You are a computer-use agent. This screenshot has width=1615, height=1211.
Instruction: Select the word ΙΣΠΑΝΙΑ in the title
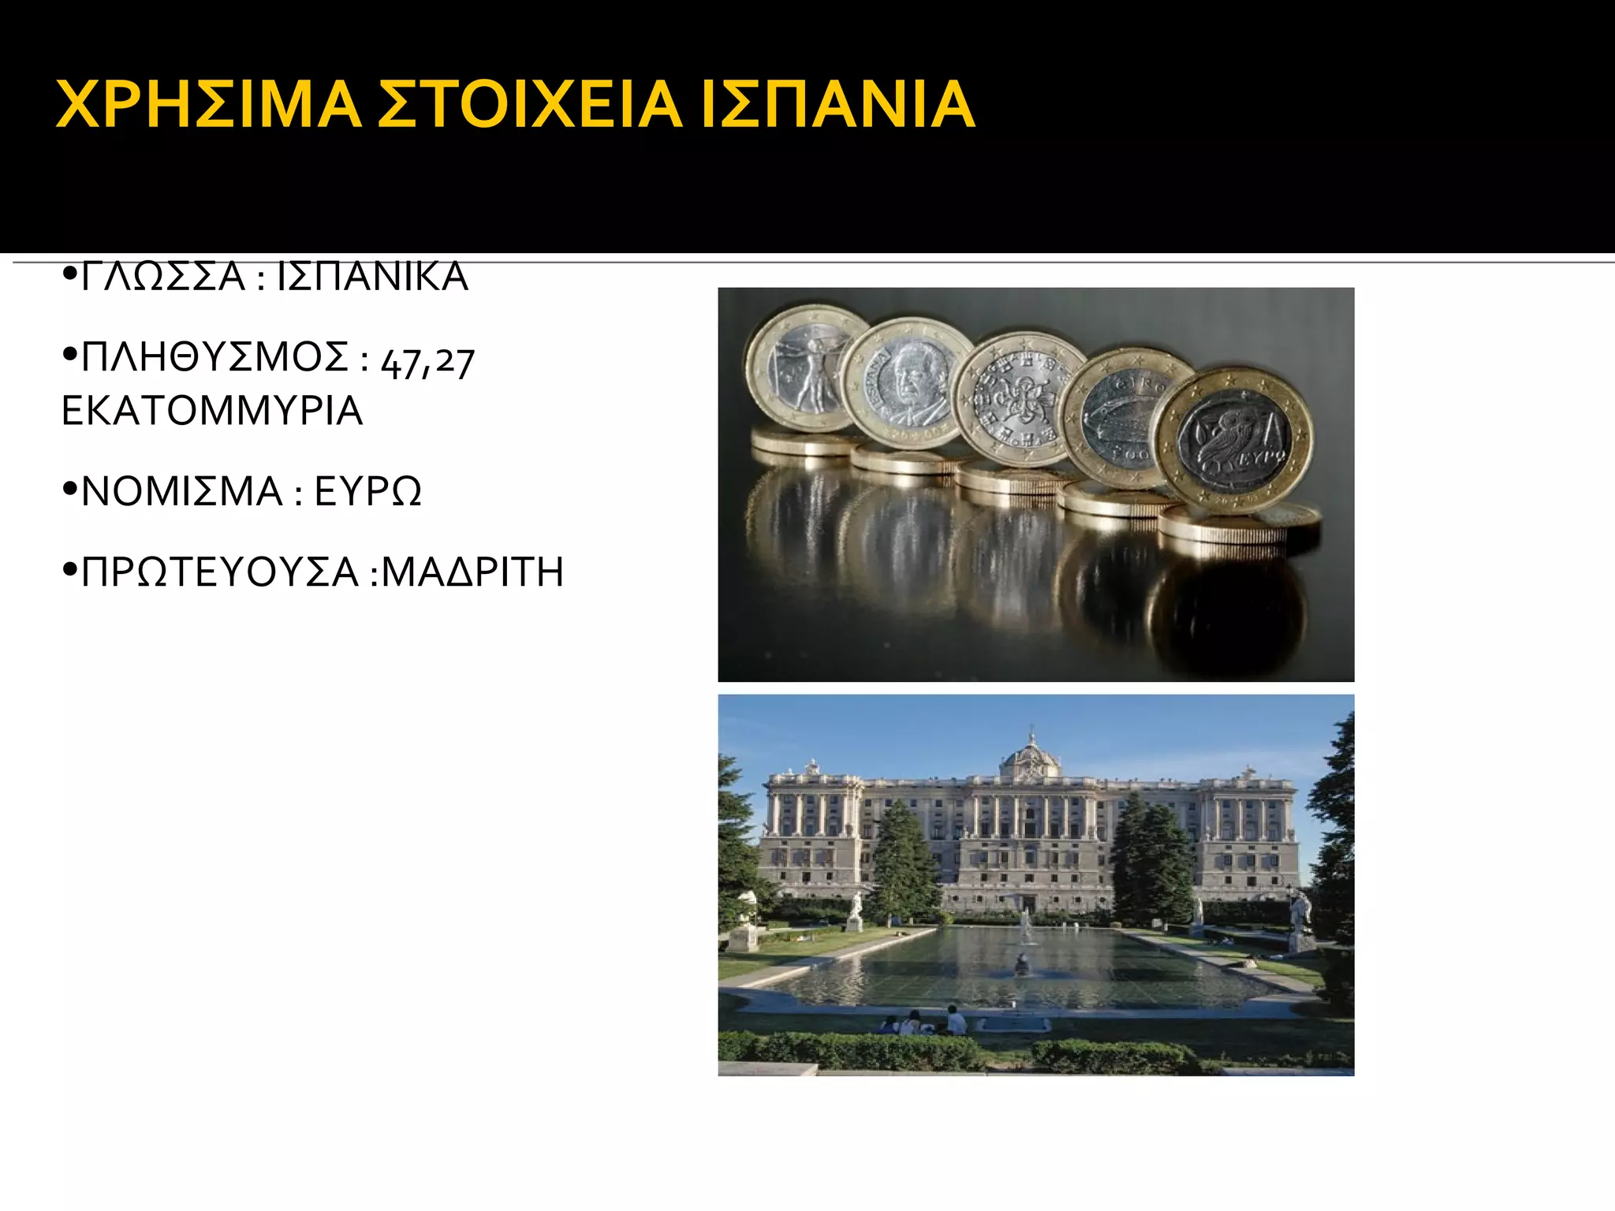pos(837,104)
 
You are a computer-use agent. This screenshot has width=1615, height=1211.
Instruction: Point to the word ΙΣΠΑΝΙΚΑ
pos(373,278)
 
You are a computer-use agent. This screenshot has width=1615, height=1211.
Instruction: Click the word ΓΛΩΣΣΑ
pos(163,278)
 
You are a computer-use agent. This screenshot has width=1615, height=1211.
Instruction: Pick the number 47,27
pos(427,362)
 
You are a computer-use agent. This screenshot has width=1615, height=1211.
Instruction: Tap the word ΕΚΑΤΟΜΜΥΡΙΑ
pos(212,411)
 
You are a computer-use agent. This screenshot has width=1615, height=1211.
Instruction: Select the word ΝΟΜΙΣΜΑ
pos(182,491)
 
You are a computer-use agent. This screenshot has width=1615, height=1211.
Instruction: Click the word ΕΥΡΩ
pos(367,491)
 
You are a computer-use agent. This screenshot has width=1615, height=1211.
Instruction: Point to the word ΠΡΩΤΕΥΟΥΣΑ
pos(220,572)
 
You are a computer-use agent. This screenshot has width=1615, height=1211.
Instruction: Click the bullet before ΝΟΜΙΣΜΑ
pos(69,491)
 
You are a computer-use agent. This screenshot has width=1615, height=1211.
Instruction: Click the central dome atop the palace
pos(1030,755)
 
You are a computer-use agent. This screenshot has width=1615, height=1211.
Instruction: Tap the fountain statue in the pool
pos(1022,963)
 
